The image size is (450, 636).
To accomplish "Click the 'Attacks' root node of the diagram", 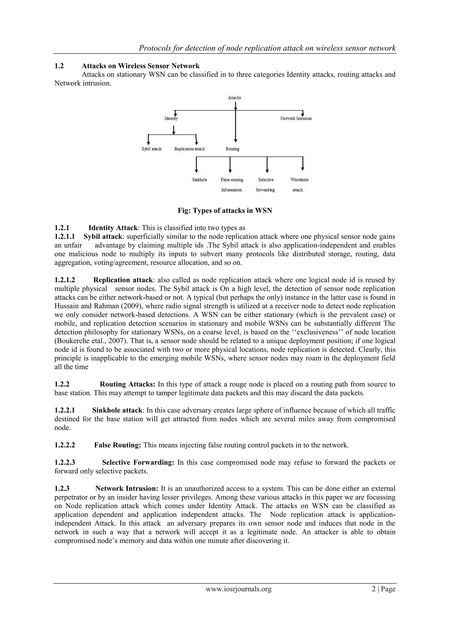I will coord(234,98).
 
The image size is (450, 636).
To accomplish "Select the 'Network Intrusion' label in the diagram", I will coord(296,119).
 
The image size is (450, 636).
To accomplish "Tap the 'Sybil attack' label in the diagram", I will coord(151,149).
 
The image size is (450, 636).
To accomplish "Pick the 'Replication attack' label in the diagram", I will coord(190,149).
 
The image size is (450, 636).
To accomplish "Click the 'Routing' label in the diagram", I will coord(232,149).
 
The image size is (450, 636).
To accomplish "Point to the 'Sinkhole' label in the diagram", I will coord(200,180).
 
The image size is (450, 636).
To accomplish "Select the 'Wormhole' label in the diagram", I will coord(299,180).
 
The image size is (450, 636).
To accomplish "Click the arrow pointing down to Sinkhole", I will coord(196,165).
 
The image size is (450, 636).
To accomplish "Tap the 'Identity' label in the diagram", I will coord(171,119).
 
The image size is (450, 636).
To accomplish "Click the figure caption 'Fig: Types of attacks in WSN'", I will coord(225,210).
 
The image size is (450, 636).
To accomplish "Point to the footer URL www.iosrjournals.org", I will coord(238,589).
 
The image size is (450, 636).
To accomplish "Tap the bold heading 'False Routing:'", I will coord(118,445).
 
